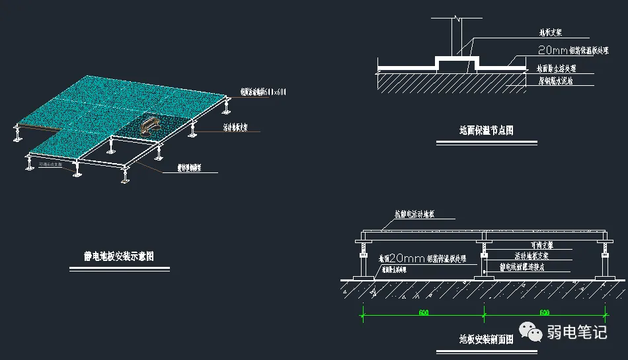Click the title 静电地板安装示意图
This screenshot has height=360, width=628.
(x=118, y=256)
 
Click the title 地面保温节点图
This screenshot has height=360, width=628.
(x=486, y=130)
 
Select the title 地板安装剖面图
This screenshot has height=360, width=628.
(x=486, y=340)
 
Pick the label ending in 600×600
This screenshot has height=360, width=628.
(x=262, y=92)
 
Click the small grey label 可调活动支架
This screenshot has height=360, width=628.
(x=53, y=164)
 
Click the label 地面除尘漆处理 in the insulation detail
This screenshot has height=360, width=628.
(x=556, y=68)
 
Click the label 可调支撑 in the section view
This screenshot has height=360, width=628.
(x=528, y=244)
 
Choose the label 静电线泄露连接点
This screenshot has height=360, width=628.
(x=530, y=268)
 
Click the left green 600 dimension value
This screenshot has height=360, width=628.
(x=423, y=313)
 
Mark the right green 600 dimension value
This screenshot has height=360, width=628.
(x=544, y=313)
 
